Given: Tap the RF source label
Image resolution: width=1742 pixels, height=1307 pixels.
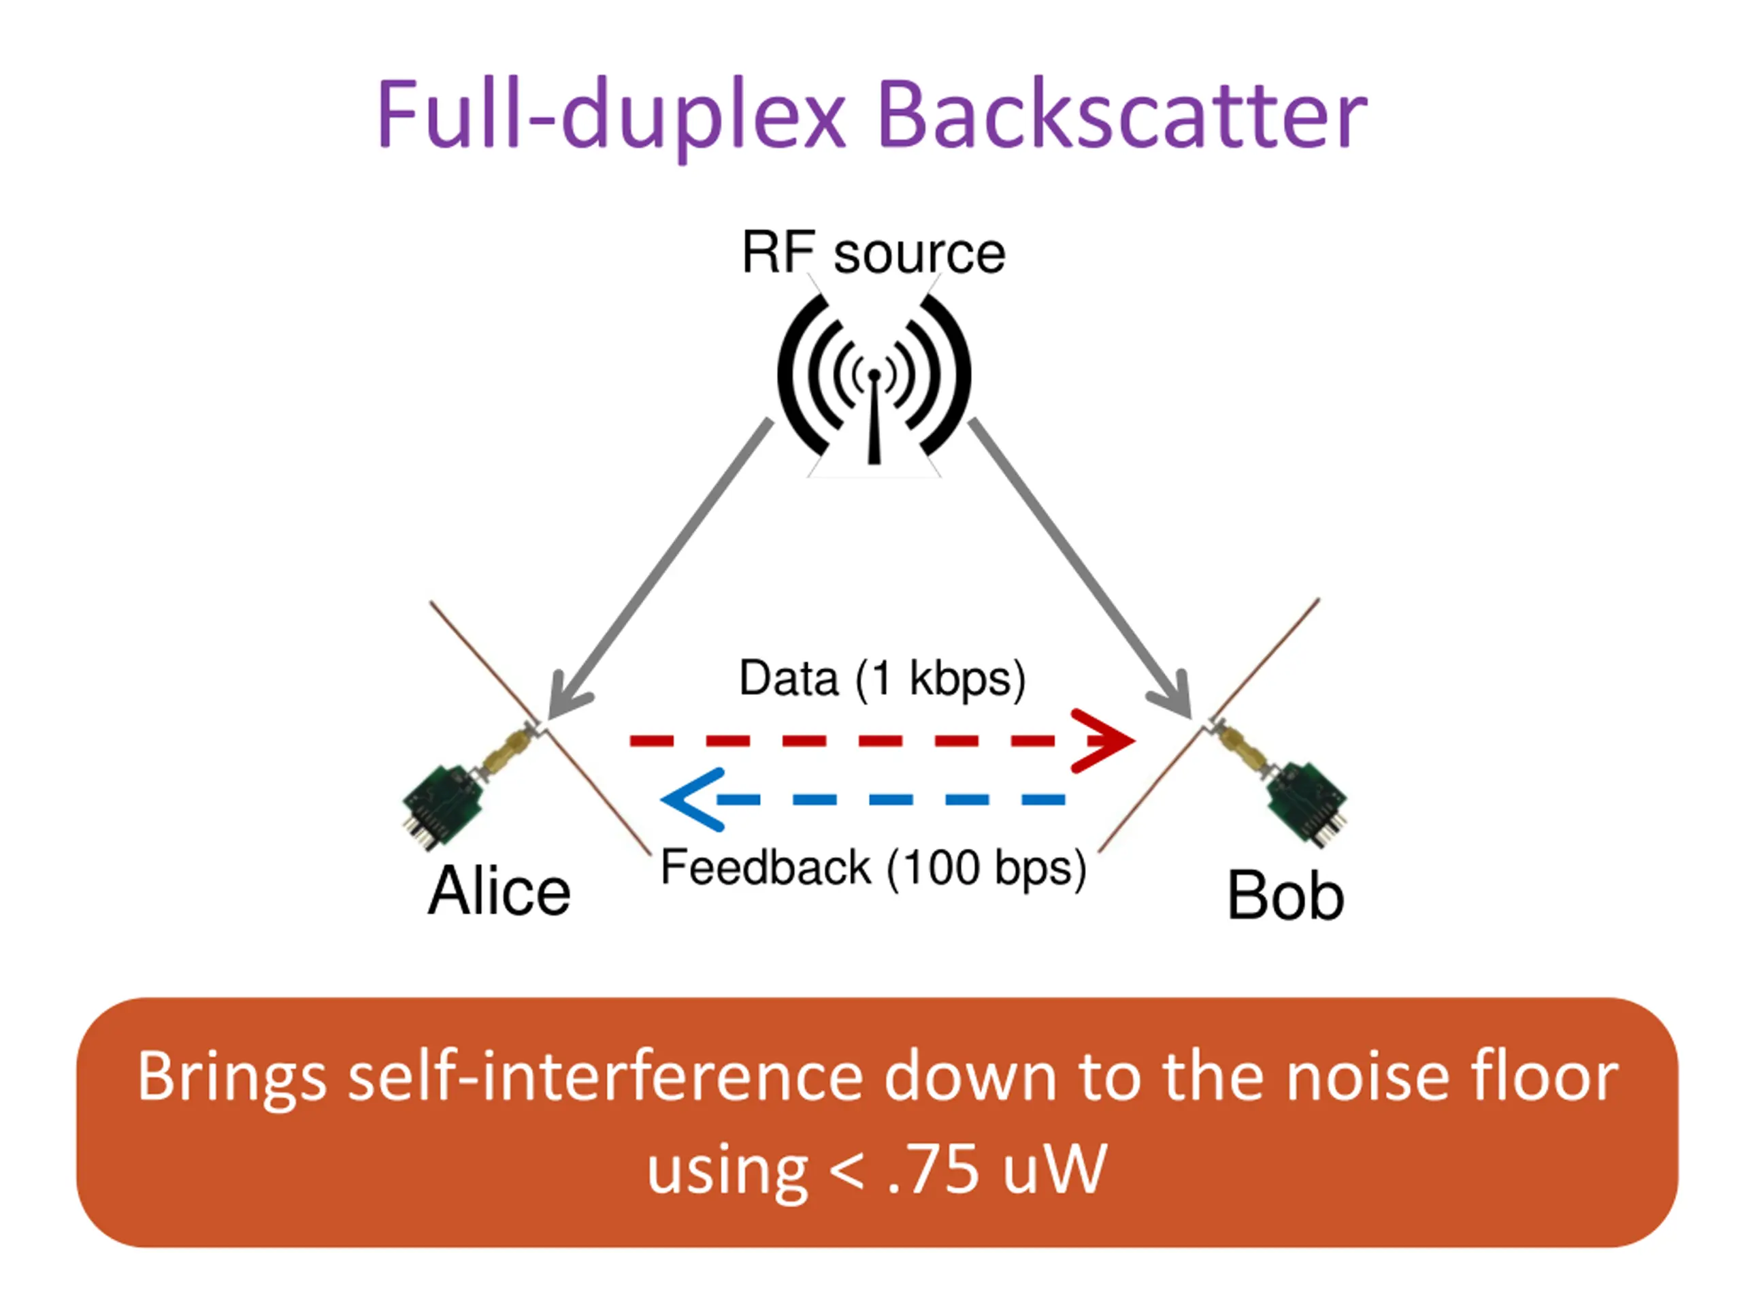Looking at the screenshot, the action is tap(873, 253).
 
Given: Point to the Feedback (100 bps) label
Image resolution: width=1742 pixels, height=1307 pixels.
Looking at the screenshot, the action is tap(873, 868).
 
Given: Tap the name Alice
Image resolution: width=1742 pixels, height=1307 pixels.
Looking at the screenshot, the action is tap(499, 891).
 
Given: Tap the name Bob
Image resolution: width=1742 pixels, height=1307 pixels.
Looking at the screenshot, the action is tap(1285, 896).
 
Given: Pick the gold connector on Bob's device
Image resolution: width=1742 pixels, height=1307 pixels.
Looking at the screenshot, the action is tap(1238, 748).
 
